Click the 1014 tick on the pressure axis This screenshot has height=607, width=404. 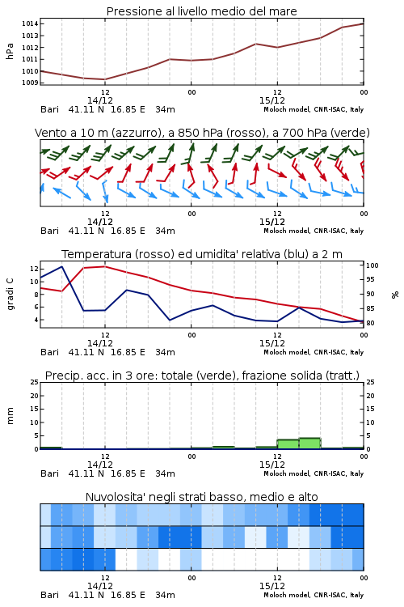(30, 23)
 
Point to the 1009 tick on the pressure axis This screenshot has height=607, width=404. (30, 83)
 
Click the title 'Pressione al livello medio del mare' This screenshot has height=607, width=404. (202, 11)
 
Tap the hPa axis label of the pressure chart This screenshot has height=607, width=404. (10, 51)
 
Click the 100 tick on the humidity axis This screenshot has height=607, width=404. (372, 265)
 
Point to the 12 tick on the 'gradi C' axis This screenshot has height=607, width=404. (34, 269)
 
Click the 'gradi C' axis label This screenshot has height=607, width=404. (10, 294)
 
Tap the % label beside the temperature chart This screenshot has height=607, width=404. (395, 295)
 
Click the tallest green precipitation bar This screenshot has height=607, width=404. (310, 444)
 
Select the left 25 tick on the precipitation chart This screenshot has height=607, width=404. (35, 382)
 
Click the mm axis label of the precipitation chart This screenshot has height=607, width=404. (10, 416)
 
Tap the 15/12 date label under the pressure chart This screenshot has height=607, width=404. (272, 100)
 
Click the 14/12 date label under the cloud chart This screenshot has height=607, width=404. (100, 586)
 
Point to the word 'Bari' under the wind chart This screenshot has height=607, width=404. (49, 231)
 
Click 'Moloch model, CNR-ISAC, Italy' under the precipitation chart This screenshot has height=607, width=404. (314, 473)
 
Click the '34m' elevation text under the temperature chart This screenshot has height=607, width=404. (165, 352)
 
